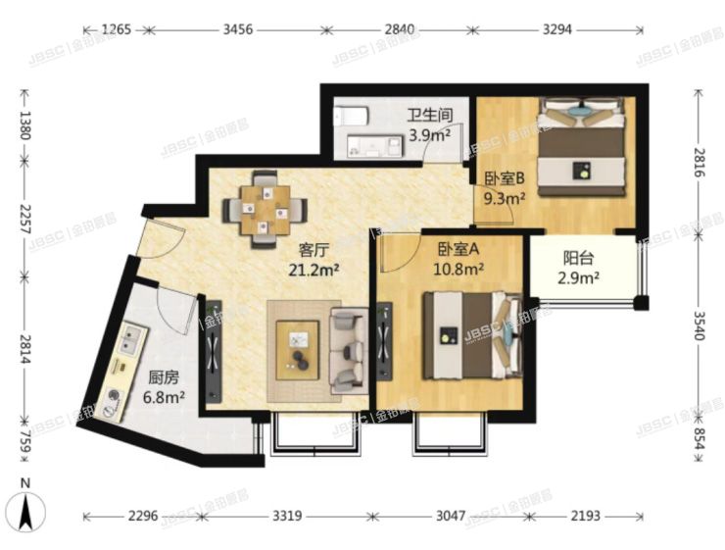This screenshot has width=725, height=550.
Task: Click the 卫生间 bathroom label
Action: pos(429,117)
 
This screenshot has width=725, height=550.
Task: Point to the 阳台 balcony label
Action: pos(576,260)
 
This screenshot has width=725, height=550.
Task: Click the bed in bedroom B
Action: pos(580,144)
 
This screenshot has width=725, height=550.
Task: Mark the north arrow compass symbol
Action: pos(28,508)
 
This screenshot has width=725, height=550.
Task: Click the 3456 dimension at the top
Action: pos(238,29)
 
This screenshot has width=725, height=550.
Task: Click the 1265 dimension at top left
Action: pos(115,29)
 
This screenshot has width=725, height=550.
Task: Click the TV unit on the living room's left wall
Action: pos(212,347)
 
